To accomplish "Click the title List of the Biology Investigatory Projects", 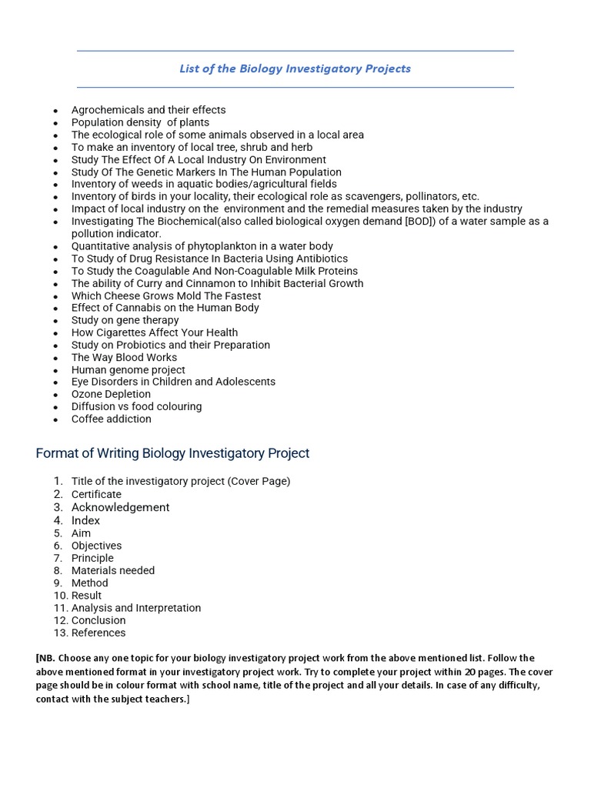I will click(295, 68).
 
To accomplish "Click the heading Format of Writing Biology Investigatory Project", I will click(172, 453).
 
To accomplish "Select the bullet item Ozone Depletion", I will click(111, 394).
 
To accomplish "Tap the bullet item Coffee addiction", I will click(111, 419).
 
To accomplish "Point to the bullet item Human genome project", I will click(128, 369).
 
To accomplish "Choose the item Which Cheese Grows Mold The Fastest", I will click(166, 295).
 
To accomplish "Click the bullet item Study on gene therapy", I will click(125, 320).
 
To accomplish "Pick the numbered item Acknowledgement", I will click(120, 507).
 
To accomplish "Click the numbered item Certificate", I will click(96, 494).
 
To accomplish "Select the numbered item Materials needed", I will click(113, 570).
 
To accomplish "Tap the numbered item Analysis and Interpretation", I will click(136, 608).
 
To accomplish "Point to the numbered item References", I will click(98, 633).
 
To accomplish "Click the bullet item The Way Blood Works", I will click(124, 357).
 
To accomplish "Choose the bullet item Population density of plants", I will click(140, 122).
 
